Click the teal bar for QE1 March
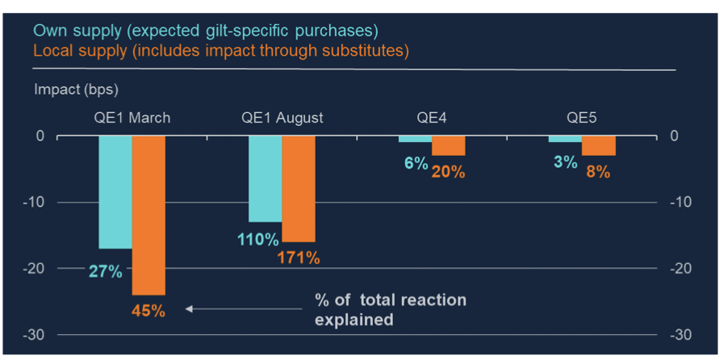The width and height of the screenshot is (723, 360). [115, 192]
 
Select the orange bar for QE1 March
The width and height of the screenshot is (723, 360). [149, 215]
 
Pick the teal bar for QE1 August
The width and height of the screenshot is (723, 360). [265, 178]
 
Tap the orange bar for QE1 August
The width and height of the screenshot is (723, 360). [299, 188]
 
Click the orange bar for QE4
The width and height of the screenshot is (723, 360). [448, 145]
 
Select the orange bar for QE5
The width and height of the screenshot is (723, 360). [599, 145]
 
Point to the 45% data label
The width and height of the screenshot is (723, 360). [149, 310]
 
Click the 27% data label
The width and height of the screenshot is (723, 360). [106, 271]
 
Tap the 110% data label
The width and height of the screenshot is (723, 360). [258, 240]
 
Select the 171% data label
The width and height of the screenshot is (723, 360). [299, 258]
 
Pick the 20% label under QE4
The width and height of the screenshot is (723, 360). [449, 171]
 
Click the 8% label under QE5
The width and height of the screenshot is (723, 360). [598, 171]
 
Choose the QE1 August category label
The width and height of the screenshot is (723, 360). [282, 118]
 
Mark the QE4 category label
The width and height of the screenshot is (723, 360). [432, 118]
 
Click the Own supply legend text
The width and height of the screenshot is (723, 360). [205, 31]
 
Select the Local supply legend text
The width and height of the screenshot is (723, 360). [220, 51]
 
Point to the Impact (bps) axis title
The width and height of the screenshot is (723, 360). [76, 90]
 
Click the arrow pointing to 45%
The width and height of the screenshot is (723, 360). [242, 308]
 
